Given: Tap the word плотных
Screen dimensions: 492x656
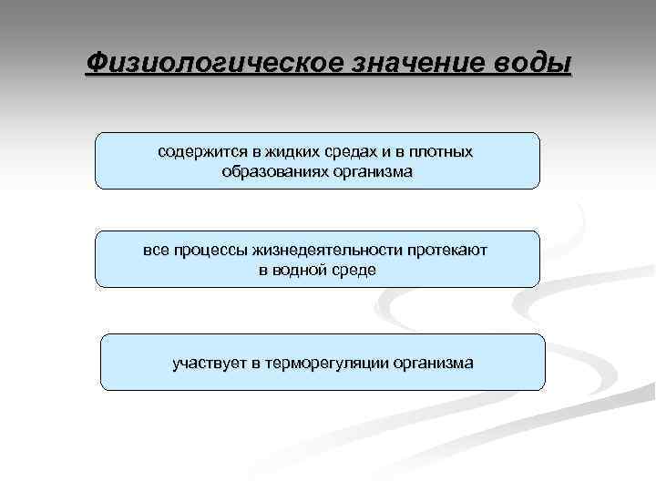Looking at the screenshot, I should pyautogui.click(x=442, y=151).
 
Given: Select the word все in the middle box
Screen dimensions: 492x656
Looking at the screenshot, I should pyautogui.click(x=156, y=250).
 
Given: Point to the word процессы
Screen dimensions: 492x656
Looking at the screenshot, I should pyautogui.click(x=209, y=250).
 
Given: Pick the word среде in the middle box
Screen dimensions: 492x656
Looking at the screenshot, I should pyautogui.click(x=354, y=270).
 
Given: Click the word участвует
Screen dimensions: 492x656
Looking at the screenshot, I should pyautogui.click(x=209, y=363).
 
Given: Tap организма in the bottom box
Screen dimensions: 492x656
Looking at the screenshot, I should pyautogui.click(x=433, y=363).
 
